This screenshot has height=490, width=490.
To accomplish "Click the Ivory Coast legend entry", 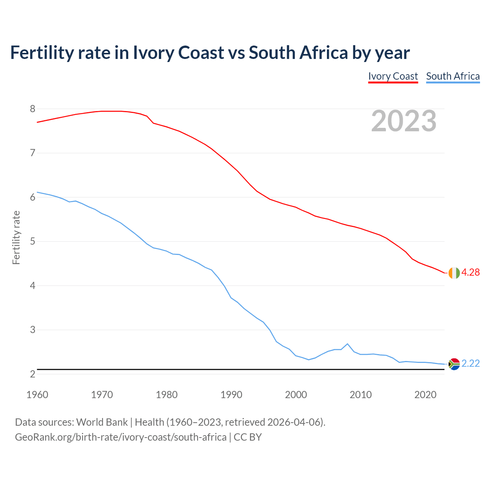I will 393,76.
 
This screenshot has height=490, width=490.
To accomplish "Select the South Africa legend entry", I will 453,76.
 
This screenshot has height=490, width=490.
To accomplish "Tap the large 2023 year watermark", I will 404,121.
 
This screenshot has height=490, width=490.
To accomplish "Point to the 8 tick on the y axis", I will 33,109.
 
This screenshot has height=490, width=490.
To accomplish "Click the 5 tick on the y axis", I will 33,242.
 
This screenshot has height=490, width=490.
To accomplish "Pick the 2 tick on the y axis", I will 33,374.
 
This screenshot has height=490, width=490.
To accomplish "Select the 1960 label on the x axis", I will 37,395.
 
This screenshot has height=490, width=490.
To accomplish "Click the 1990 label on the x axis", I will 231,395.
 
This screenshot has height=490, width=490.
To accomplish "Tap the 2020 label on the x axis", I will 425,395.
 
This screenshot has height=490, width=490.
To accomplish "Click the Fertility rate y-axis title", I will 16,237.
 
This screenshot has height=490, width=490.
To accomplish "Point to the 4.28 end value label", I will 470,272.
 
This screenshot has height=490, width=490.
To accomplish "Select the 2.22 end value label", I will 470,363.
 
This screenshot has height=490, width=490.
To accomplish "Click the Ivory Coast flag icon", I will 454,273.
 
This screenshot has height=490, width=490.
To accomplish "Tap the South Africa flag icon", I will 454,364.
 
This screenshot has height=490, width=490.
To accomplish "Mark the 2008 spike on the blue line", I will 347,344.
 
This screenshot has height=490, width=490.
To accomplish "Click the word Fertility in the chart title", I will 41,52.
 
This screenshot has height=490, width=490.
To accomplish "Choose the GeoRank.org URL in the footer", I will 121,437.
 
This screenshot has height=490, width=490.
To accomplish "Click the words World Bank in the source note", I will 102,422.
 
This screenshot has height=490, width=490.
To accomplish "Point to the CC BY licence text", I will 248,437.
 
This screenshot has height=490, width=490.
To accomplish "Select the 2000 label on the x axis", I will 296,395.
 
